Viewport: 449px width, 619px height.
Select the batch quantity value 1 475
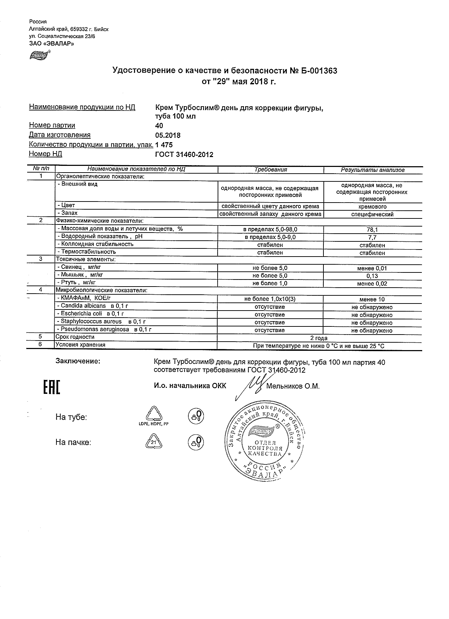coord(164,145)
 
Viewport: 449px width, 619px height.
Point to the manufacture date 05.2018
coord(168,135)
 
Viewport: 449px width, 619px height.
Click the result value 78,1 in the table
coord(372,229)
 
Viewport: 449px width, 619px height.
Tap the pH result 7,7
coord(372,238)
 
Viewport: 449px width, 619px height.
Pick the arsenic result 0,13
coord(372,276)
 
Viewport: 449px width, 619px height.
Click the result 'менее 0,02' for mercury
coord(372,284)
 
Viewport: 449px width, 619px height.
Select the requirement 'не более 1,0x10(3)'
coord(270,299)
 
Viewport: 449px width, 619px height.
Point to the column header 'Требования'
coord(271,170)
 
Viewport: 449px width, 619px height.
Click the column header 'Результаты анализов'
coord(372,170)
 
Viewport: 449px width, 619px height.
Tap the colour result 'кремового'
coord(372,206)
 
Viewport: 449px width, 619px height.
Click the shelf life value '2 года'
coord(319,338)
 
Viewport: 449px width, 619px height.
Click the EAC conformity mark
coord(51,387)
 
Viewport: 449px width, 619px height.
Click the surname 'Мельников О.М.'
coord(293,386)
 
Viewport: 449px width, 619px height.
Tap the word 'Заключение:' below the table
coord(78,361)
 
